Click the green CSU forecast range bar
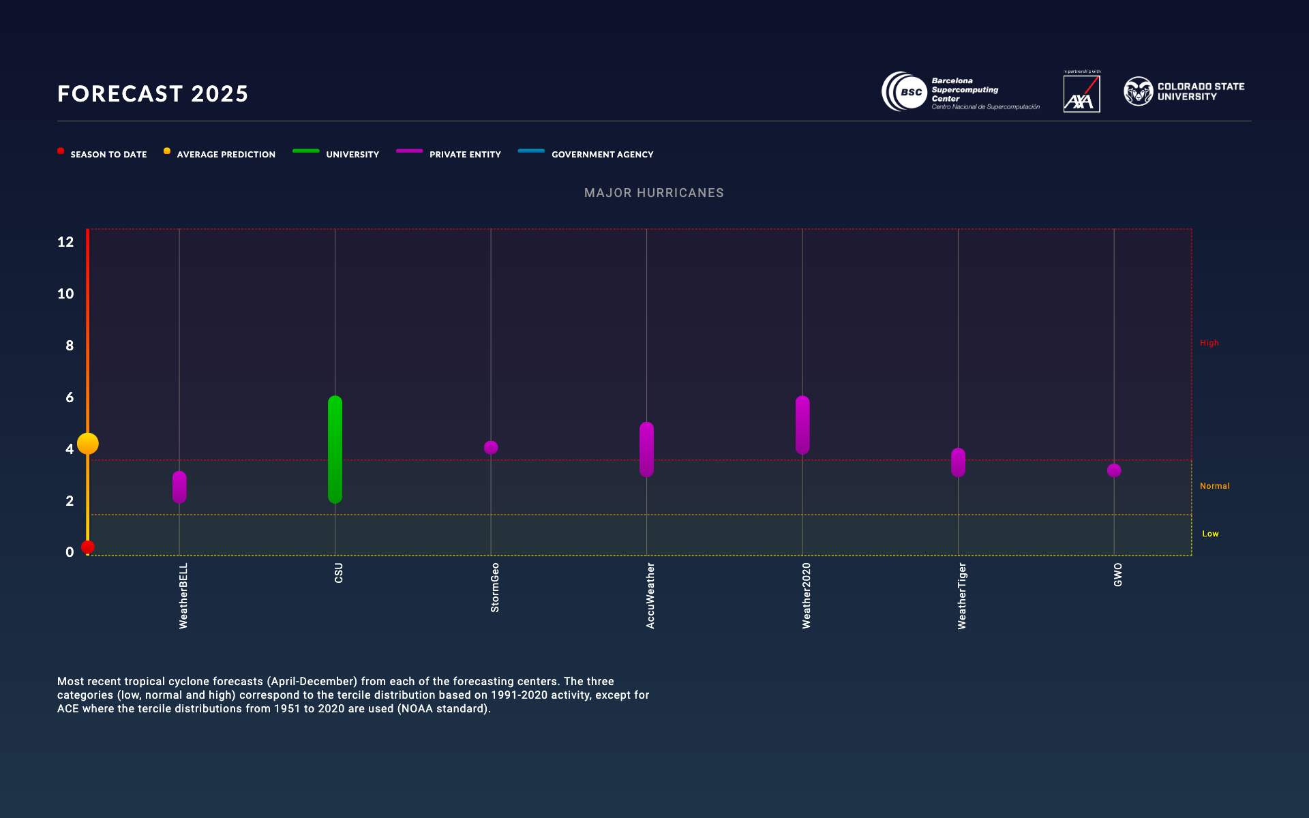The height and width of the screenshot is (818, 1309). [x=335, y=450]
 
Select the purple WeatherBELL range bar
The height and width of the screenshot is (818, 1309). [x=179, y=487]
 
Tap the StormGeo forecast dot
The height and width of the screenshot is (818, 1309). [x=491, y=448]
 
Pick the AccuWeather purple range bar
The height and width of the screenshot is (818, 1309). [x=646, y=450]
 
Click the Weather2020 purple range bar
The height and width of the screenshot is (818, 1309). [x=802, y=425]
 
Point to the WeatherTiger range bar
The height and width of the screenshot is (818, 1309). [x=958, y=463]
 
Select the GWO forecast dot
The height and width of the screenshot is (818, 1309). [x=1114, y=470]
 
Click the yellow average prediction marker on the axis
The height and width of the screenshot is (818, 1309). [x=88, y=444]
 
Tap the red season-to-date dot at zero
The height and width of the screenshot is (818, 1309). [x=88, y=547]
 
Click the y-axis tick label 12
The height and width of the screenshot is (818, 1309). [x=65, y=242]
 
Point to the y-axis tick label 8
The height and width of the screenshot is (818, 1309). [x=70, y=346]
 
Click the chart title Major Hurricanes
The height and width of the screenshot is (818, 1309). [x=654, y=193]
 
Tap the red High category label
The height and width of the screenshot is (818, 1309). [x=1209, y=343]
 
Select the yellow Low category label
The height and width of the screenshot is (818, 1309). [x=1210, y=534]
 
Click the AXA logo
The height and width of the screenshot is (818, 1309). [x=1081, y=93]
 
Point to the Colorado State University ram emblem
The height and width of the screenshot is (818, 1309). [x=1138, y=91]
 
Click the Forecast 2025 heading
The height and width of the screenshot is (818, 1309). [x=153, y=93]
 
